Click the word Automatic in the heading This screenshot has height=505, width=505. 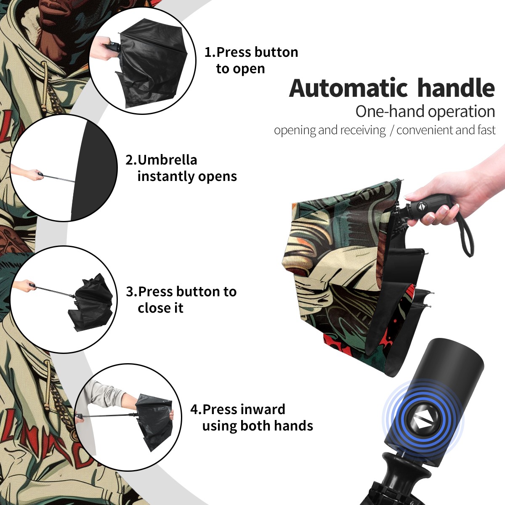click(348, 88)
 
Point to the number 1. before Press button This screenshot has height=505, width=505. click(210, 52)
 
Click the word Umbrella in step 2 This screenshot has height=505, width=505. click(167, 160)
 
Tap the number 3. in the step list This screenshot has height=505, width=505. click(132, 291)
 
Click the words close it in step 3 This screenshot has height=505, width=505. click(160, 308)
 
